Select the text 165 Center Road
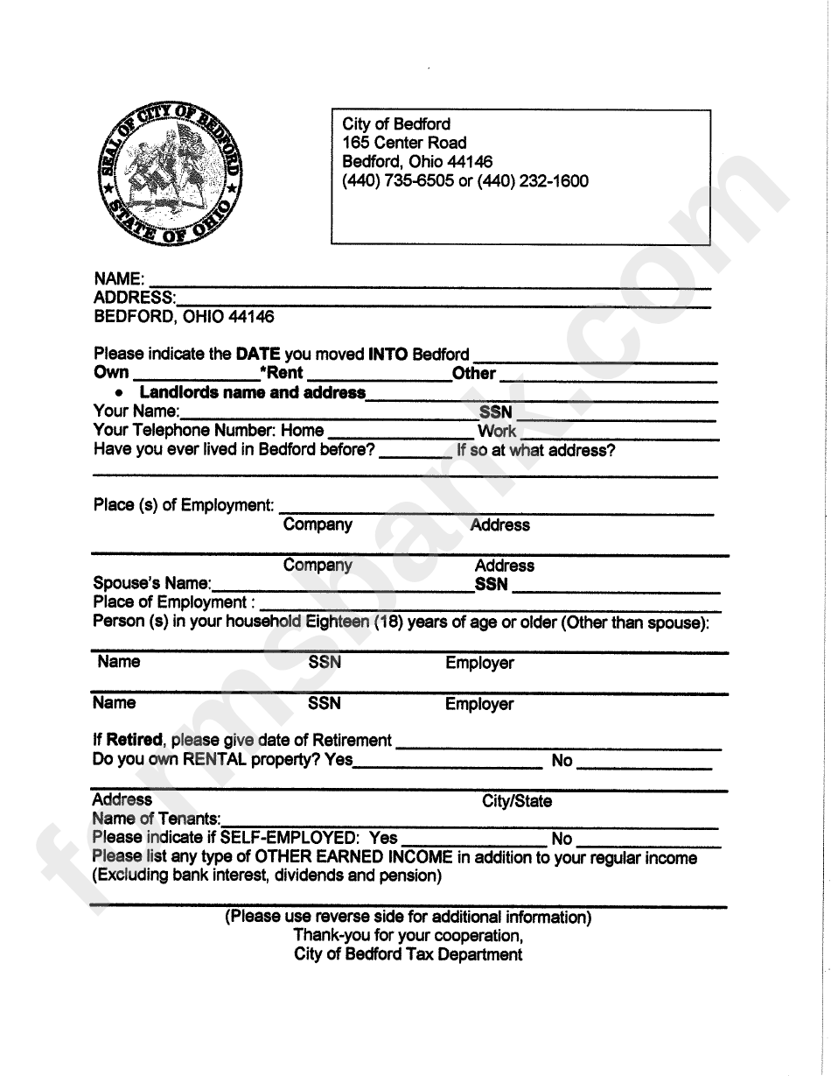404,143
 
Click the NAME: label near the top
119,278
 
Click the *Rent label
281,374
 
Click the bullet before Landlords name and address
119,393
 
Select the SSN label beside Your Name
495,411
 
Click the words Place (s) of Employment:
184,505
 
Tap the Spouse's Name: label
151,583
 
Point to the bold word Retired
134,740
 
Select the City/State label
517,801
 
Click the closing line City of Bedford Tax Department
408,954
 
